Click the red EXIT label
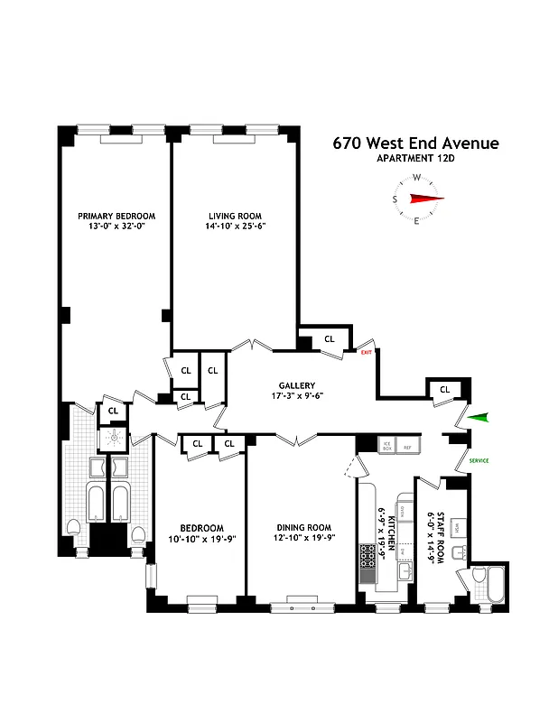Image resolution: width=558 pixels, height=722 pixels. click(366, 352)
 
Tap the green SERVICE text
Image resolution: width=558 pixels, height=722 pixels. click(479, 461)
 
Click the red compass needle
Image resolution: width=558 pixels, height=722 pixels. click(427, 199)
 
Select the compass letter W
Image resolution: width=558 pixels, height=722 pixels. click(416, 178)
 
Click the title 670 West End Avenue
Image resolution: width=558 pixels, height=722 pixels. click(415, 143)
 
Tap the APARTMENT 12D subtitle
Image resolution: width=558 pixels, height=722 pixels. click(415, 160)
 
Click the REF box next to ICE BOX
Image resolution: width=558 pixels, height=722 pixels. click(407, 445)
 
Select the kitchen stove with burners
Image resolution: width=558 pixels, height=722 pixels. click(367, 563)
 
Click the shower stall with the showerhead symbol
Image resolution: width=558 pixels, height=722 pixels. click(115, 438)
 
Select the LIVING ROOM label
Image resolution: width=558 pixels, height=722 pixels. click(235, 216)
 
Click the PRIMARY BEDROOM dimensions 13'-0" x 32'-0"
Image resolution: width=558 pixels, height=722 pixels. click(116, 227)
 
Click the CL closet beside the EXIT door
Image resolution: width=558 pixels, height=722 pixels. click(329, 339)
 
